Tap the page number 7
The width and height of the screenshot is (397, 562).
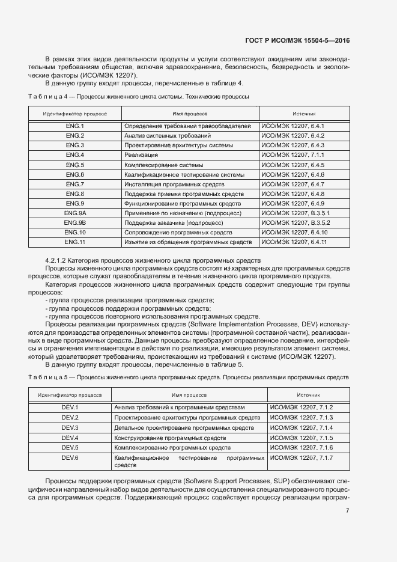tap(348, 511)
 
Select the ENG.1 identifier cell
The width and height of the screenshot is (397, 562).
tap(74, 126)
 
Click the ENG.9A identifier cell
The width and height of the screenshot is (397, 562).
tap(74, 213)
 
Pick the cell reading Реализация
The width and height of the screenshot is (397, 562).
tap(138, 155)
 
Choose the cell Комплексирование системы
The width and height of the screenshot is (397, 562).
tap(163, 165)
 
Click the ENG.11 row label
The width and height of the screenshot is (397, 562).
tap(74, 242)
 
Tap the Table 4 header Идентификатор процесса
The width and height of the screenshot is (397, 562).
tap(74, 113)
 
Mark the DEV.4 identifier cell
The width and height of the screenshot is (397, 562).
tap(70, 438)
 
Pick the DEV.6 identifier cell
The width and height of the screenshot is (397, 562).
tap(70, 457)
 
